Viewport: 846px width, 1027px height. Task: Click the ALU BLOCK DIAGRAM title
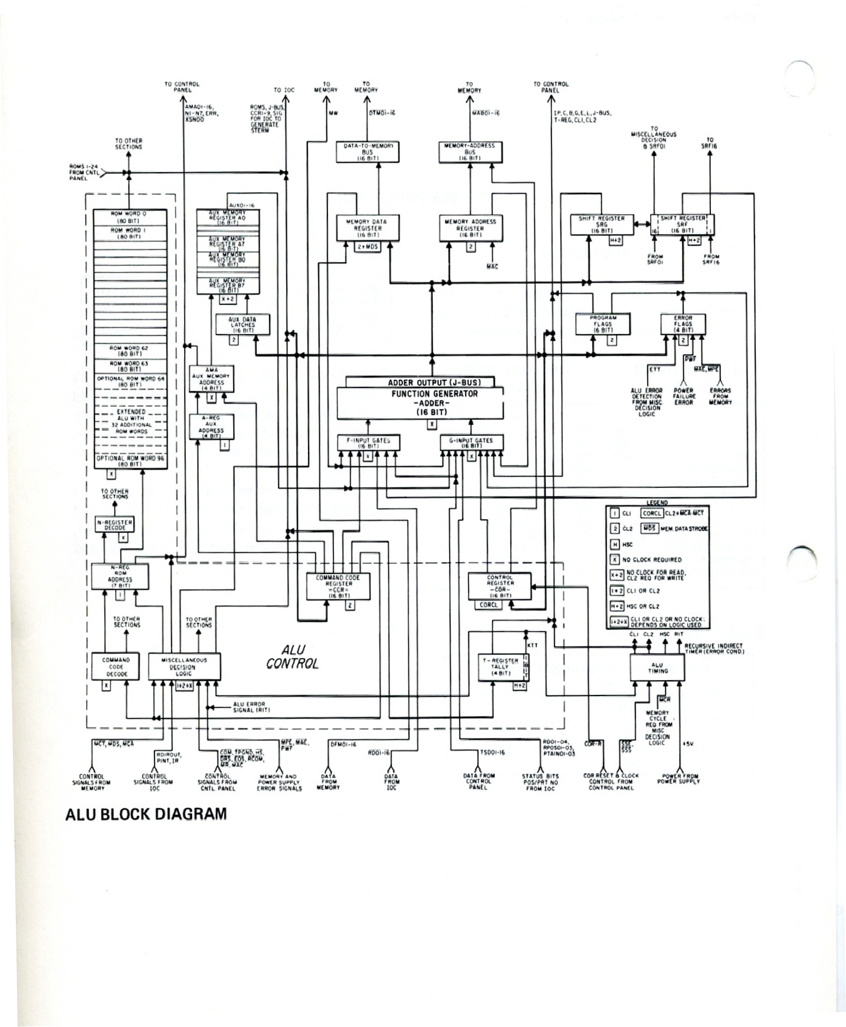click(x=146, y=815)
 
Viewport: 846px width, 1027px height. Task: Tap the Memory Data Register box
click(x=367, y=228)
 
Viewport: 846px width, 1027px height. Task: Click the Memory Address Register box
click(x=470, y=228)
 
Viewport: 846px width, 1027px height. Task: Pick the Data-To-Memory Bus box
click(x=368, y=152)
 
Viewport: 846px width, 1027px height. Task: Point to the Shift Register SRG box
click(x=596, y=225)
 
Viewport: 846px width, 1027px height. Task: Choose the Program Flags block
click(x=603, y=324)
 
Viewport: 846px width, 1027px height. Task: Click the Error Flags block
click(x=683, y=324)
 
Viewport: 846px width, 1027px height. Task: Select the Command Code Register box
click(x=338, y=586)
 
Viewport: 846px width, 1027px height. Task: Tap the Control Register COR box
click(x=500, y=586)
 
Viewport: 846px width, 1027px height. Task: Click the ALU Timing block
click(x=657, y=667)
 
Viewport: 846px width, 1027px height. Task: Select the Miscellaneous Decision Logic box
click(x=184, y=667)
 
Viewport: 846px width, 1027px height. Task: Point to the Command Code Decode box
click(x=116, y=667)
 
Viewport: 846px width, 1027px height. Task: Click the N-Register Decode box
click(x=114, y=524)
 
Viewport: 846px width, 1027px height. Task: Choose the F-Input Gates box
click(x=368, y=442)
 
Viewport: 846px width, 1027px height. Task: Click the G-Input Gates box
click(x=471, y=442)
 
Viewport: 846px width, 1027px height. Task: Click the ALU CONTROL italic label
click(x=293, y=656)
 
